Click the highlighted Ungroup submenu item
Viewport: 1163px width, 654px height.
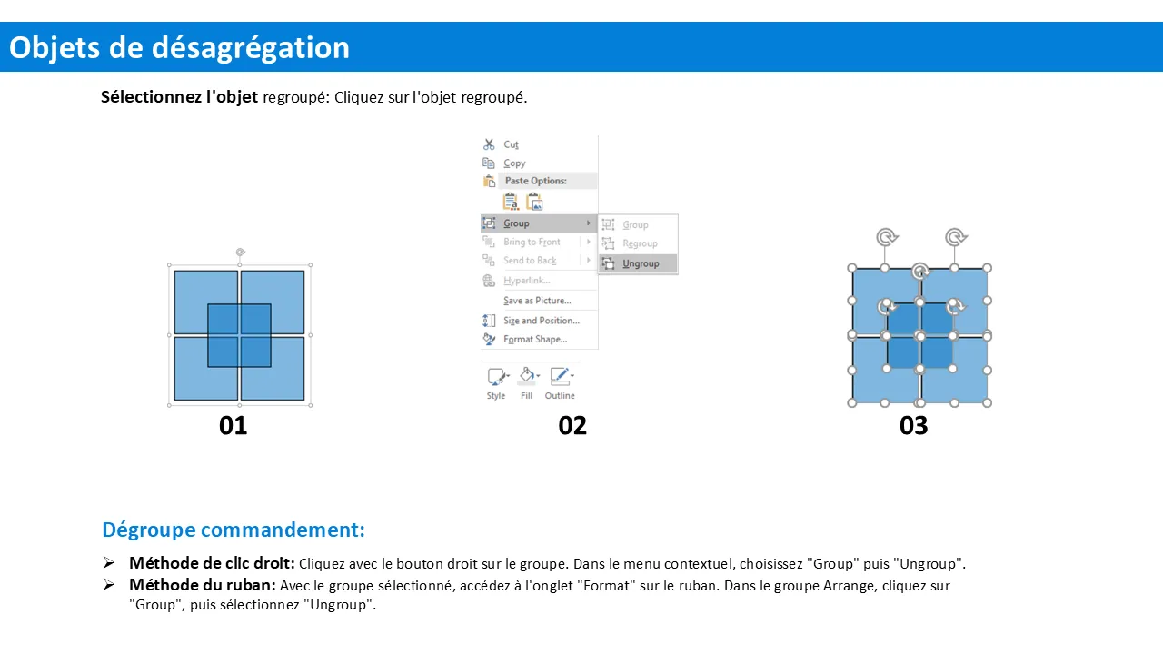638,263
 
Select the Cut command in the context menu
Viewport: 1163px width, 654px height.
511,144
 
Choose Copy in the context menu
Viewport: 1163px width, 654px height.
514,163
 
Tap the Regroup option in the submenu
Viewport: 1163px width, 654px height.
640,243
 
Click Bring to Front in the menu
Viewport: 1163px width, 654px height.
532,242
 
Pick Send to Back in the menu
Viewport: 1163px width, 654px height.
530,261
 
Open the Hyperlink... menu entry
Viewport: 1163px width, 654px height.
526,281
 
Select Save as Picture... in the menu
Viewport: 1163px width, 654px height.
537,301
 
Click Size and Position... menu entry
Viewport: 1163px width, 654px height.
541,321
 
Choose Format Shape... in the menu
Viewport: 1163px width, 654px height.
535,340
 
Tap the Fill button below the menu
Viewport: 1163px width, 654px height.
527,383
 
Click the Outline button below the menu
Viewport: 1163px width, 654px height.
560,383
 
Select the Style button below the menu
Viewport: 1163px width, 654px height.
496,383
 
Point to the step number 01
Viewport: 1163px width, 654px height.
234,426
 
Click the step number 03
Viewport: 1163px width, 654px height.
913,426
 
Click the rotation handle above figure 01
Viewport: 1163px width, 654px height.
240,253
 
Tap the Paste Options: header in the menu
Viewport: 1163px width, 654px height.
535,181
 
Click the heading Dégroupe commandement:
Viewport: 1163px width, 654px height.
234,530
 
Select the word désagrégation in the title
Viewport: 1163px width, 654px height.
251,48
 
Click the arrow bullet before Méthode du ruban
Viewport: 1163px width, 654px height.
108,584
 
